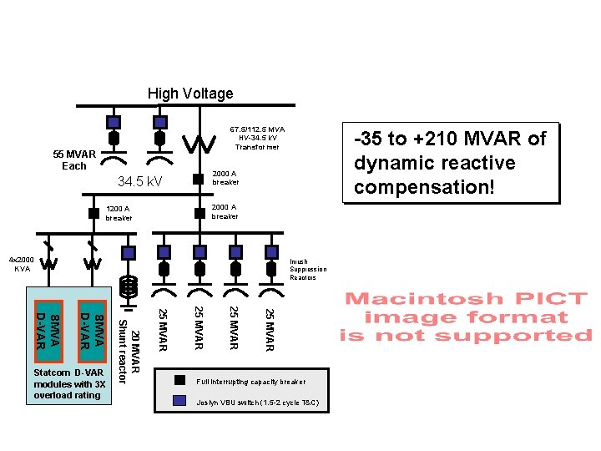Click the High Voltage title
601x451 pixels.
click(x=190, y=94)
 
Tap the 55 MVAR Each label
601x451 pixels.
click(x=74, y=160)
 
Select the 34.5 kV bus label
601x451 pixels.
click(x=139, y=181)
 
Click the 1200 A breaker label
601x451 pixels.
click(x=119, y=213)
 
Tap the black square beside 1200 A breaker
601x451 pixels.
click(x=94, y=212)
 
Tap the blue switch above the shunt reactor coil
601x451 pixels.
click(x=128, y=251)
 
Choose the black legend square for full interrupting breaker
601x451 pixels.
click(x=179, y=380)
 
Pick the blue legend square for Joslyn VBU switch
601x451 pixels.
click(x=179, y=400)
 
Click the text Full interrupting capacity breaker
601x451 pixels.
click(x=251, y=382)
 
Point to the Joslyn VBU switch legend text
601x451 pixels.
click(x=256, y=403)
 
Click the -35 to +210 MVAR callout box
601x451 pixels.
click(x=450, y=163)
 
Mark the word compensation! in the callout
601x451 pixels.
click(x=424, y=187)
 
